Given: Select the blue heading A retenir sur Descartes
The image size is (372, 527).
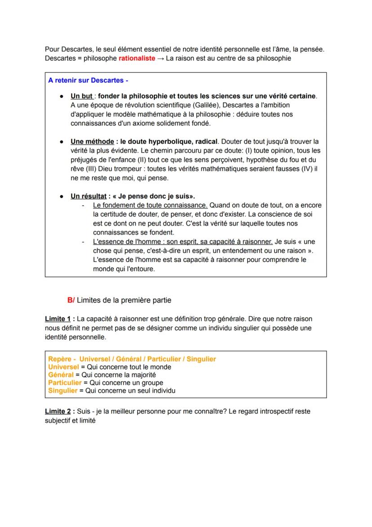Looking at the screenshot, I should [x=88, y=81].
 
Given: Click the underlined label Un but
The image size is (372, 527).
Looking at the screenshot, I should [x=81, y=96].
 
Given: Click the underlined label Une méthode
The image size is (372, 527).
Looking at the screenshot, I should [x=92, y=141].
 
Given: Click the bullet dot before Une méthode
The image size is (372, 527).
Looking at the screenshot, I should [x=61, y=141].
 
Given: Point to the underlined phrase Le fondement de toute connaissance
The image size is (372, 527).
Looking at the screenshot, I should [x=150, y=205].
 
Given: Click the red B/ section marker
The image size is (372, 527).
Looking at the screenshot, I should [x=71, y=300].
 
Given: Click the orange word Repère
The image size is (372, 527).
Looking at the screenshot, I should [x=60, y=359].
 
